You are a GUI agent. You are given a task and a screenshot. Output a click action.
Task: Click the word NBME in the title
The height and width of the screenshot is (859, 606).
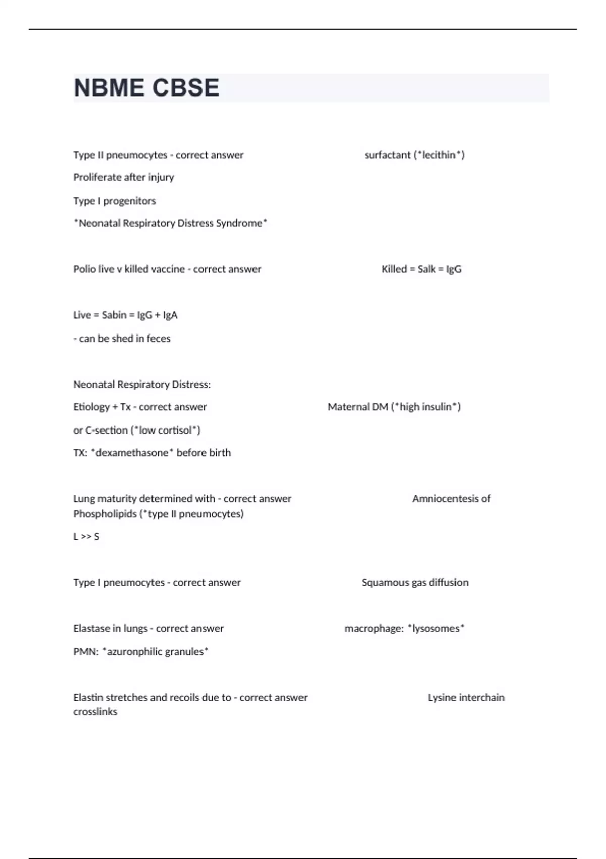point(109,88)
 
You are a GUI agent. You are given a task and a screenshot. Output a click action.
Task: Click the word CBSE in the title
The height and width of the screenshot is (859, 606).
point(185,88)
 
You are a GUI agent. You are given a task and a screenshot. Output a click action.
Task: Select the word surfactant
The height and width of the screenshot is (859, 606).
point(387,155)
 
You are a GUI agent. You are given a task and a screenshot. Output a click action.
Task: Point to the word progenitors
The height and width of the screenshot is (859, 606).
point(129,201)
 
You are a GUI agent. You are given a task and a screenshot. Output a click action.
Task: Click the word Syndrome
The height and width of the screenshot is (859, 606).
point(239,223)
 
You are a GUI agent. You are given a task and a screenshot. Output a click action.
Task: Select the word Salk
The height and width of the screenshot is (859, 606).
point(427,269)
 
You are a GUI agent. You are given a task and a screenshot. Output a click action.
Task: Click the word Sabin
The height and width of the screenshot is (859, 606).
point(115,315)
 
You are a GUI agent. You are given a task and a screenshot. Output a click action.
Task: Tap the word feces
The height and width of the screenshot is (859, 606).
point(159,339)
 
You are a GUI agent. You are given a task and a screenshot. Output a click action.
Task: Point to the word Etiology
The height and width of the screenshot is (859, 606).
point(91,407)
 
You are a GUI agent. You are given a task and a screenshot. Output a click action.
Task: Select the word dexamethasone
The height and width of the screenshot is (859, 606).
point(132,453)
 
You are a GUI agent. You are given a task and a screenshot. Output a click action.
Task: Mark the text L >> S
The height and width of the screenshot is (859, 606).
point(86,537)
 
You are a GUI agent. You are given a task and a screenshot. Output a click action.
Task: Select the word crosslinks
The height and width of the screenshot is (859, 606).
point(95,712)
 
